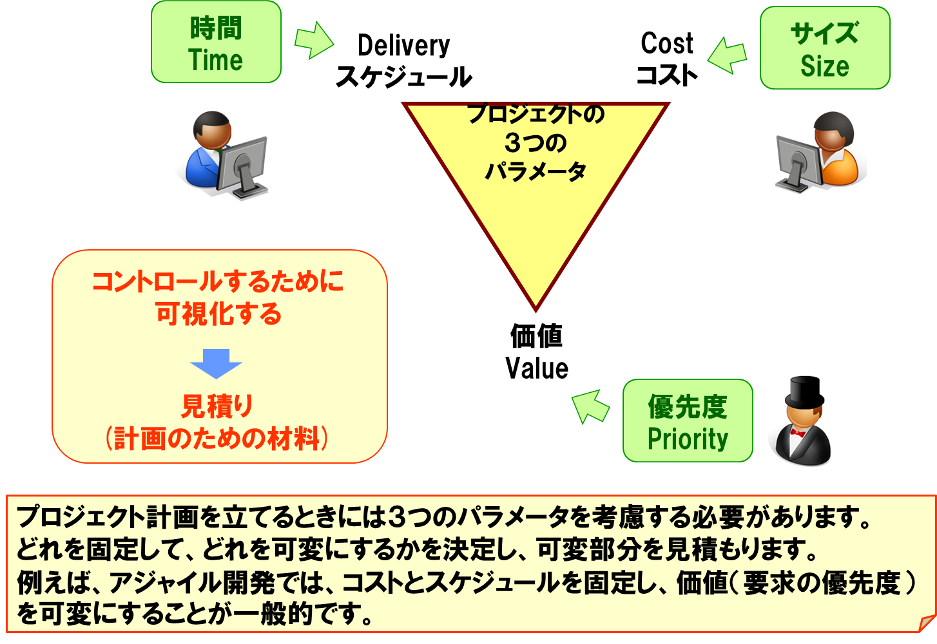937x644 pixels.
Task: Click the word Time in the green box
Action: (x=215, y=61)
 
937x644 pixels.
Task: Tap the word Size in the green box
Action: (x=824, y=66)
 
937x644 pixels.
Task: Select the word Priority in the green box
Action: (x=688, y=439)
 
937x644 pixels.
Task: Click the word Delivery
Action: (x=403, y=46)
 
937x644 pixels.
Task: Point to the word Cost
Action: (x=666, y=44)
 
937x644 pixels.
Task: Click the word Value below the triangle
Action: (x=537, y=368)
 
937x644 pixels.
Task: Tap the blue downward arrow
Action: (x=217, y=363)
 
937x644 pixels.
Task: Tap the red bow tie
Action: (x=798, y=433)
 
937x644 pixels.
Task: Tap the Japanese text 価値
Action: (x=537, y=336)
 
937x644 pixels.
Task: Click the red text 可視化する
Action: (x=218, y=314)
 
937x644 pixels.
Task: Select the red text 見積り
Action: (x=217, y=406)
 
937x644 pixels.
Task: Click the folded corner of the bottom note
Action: (x=926, y=623)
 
